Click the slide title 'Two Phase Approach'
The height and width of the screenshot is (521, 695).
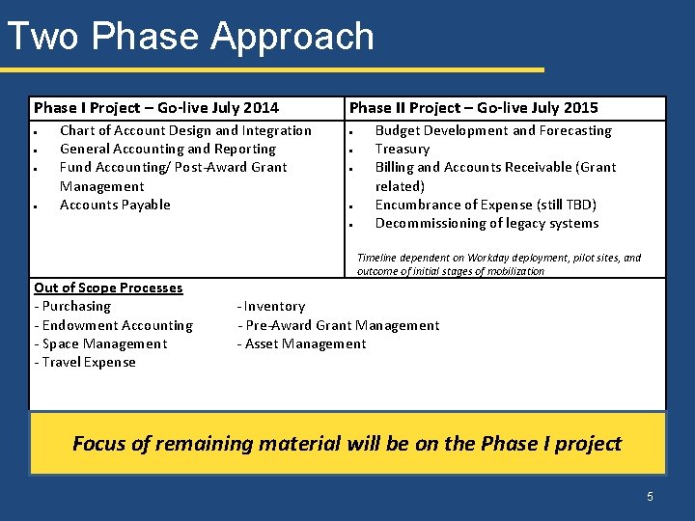(x=190, y=37)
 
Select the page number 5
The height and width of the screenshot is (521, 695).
(x=650, y=496)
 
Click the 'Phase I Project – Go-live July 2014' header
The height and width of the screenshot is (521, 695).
(x=156, y=108)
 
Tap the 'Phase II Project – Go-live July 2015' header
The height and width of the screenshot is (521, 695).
(x=473, y=108)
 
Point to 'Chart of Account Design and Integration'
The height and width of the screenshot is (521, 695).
(x=185, y=130)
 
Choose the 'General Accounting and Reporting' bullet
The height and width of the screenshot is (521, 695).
(x=168, y=149)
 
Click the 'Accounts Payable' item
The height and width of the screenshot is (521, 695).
(x=115, y=205)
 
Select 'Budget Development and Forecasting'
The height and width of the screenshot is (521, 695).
(x=493, y=130)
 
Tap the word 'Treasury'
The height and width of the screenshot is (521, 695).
(x=402, y=149)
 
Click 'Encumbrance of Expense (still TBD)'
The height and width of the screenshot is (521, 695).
(x=486, y=205)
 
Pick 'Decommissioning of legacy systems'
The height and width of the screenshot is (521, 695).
(x=486, y=223)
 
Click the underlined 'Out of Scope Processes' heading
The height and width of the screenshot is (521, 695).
(x=108, y=288)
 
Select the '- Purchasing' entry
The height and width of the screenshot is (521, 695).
(x=72, y=306)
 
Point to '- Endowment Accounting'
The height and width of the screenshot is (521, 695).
(x=113, y=325)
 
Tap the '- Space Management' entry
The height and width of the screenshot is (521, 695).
(x=100, y=343)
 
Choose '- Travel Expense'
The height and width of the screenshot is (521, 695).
(x=85, y=362)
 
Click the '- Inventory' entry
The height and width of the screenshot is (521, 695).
(x=271, y=306)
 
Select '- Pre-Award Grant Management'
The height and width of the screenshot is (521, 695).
(x=338, y=325)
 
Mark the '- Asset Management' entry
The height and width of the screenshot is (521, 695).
(x=302, y=343)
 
